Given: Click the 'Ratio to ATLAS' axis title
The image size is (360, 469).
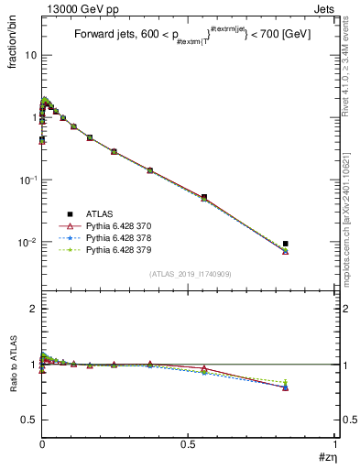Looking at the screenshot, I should click(x=13, y=365).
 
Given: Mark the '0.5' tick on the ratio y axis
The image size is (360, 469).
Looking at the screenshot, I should click(x=27, y=420).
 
